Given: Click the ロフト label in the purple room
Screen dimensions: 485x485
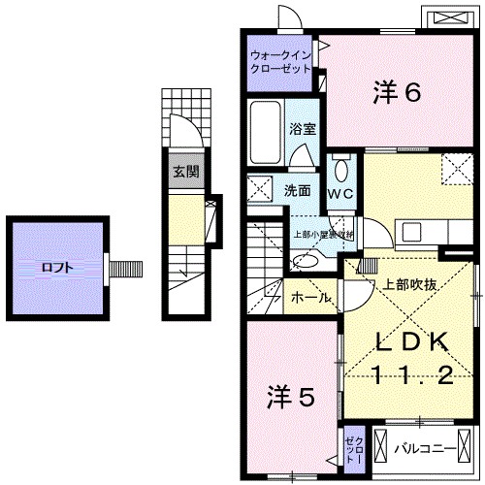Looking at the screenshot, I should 54,268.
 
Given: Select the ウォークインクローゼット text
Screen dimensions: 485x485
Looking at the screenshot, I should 279,63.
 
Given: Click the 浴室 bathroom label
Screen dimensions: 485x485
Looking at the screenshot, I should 300,127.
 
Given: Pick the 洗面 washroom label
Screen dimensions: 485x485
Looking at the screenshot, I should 298,189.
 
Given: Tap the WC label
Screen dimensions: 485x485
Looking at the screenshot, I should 341,193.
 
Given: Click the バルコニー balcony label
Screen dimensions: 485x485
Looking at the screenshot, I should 428,448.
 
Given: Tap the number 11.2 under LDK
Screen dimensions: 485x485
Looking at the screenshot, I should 411,373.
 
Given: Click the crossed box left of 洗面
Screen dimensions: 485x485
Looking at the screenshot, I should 259,189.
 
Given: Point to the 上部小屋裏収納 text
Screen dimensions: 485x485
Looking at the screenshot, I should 324,235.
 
